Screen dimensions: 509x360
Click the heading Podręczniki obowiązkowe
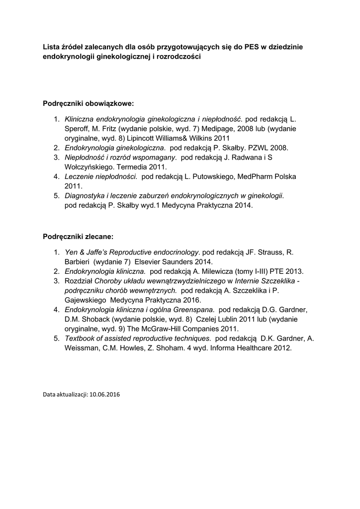[89, 103]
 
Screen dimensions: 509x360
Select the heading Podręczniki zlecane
[78, 236]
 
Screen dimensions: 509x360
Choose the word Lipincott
[145, 138]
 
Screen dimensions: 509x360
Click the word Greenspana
[194, 310]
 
